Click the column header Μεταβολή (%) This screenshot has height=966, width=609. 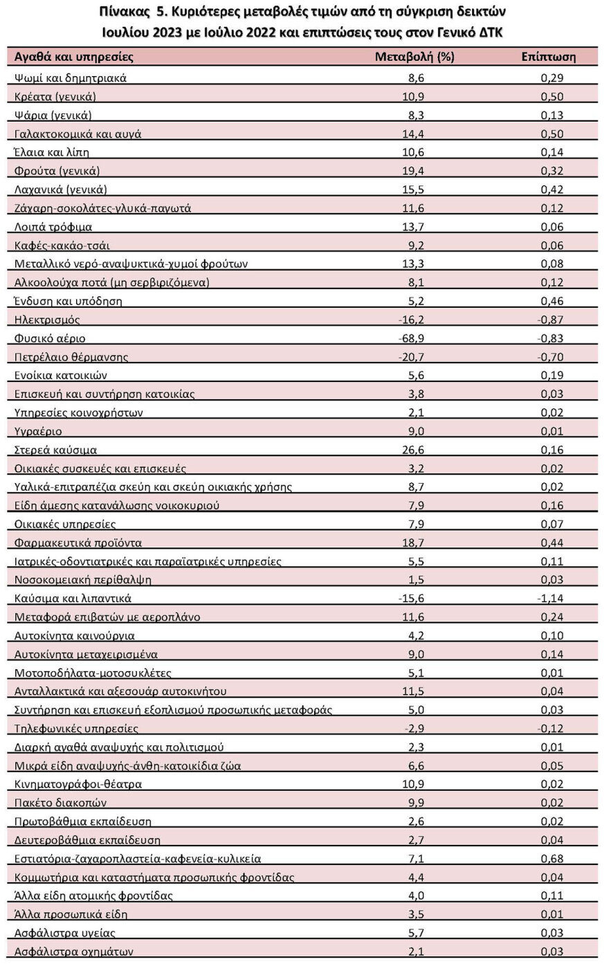414,57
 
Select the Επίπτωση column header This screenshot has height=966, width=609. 548,57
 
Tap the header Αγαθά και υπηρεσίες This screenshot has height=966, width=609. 74,57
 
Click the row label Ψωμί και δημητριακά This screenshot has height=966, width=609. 71,78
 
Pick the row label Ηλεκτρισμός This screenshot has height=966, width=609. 47,320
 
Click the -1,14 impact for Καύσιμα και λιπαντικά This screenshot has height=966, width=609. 552,599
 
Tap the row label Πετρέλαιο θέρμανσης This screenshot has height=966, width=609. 71,357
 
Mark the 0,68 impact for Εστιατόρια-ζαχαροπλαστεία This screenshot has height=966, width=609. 552,859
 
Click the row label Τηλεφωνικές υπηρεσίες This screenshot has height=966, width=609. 76,729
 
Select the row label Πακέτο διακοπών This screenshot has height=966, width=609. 60,803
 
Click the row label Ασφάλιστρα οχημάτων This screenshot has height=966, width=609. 74,951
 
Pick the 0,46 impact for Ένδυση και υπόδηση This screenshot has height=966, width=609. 552,301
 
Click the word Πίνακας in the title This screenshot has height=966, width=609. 127,13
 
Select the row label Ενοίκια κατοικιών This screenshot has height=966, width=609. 61,376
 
